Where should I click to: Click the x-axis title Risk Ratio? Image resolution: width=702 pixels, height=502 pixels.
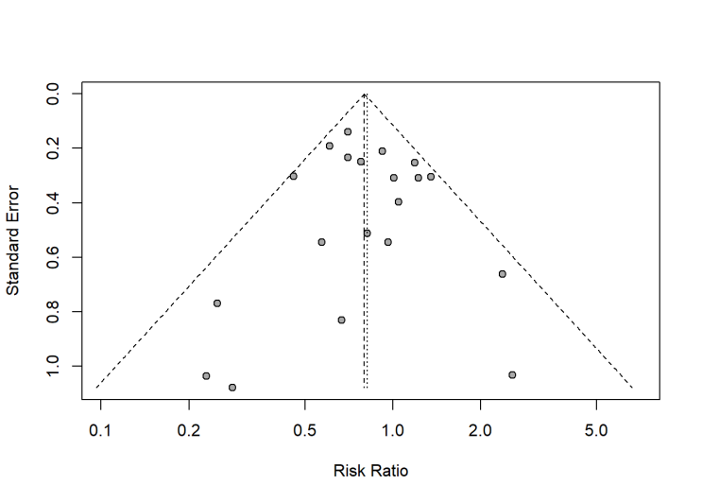click(371, 470)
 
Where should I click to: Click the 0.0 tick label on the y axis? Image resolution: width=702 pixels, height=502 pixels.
click(53, 94)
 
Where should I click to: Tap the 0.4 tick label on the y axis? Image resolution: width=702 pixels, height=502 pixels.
click(53, 202)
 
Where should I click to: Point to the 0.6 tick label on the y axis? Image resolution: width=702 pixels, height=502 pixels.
click(53, 257)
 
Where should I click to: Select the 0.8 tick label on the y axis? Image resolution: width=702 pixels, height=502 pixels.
click(53, 311)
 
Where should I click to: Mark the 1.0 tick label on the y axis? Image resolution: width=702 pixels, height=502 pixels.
click(53, 366)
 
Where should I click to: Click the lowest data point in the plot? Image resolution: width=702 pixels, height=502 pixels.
click(232, 388)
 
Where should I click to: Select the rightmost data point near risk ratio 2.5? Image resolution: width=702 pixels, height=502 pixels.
click(512, 374)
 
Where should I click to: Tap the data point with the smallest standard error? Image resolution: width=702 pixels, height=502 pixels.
click(348, 131)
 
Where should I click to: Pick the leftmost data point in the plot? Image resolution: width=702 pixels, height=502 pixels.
click(206, 376)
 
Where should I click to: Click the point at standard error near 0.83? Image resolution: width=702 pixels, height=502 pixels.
click(341, 320)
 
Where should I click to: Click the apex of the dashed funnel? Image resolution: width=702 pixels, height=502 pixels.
click(365, 94)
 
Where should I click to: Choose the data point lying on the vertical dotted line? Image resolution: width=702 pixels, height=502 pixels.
click(367, 233)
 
